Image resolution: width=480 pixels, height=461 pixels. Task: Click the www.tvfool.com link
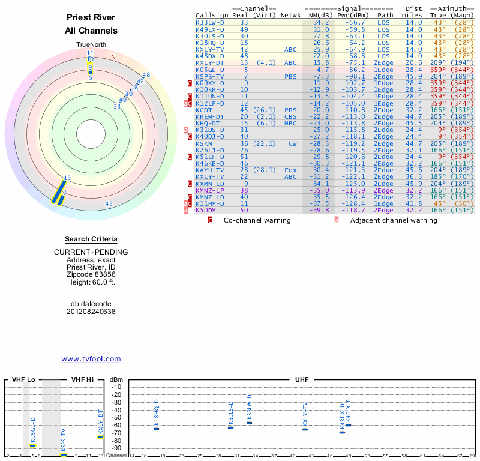[91, 359]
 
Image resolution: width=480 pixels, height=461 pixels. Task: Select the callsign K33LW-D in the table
[210, 22]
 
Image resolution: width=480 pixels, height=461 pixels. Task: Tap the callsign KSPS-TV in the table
[210, 76]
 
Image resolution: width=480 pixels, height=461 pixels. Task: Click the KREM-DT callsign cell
[210, 116]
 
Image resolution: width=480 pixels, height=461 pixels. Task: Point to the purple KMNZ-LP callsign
[210, 190]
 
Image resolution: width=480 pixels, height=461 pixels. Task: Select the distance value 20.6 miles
[413, 62]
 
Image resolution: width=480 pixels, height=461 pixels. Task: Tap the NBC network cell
[290, 123]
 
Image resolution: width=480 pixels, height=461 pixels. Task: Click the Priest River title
[91, 18]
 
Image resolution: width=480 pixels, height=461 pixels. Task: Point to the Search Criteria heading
[91, 239]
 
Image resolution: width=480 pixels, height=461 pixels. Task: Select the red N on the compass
[113, 58]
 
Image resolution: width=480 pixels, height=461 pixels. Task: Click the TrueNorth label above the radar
[91, 45]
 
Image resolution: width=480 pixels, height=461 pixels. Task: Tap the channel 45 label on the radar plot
[109, 204]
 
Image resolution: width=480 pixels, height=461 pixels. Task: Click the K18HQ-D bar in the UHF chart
[157, 429]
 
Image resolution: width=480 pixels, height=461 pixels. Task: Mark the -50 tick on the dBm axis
[116, 417]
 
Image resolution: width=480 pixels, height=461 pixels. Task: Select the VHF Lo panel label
[23, 379]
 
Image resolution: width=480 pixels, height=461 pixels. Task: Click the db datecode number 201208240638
[91, 312]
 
